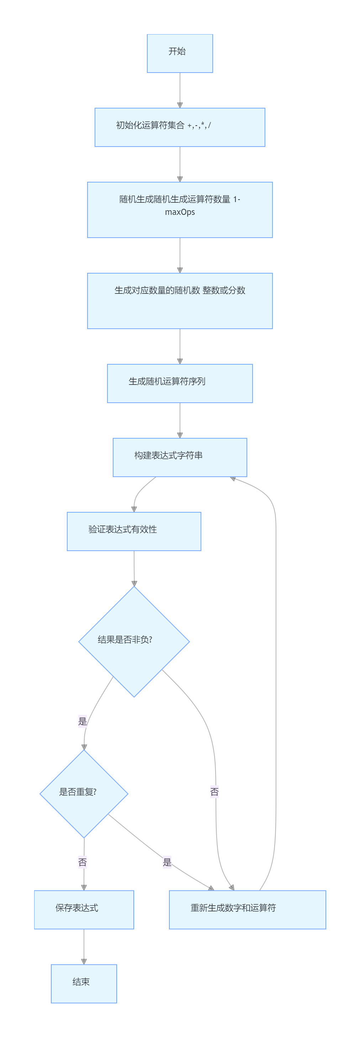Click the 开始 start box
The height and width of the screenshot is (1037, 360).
[x=180, y=53]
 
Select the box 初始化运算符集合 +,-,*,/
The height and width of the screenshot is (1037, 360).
[x=180, y=127]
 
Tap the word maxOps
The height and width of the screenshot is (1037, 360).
[x=180, y=212]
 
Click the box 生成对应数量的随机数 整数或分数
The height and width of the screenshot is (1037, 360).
[x=180, y=301]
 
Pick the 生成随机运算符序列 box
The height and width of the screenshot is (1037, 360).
[x=180, y=383]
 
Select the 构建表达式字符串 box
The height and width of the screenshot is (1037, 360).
[x=180, y=457]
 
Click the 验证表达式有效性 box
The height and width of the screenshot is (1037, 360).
[x=134, y=531]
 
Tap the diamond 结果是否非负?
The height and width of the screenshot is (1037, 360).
[x=134, y=641]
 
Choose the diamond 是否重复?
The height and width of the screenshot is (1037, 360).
[x=84, y=793]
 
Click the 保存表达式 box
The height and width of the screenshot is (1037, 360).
[x=84, y=909]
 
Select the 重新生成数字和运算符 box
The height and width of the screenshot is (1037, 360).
[x=247, y=909]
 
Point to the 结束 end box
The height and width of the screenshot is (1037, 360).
[x=84, y=983]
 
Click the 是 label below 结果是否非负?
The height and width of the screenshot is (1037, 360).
[x=82, y=721]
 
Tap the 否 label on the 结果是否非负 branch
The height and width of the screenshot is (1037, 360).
[x=214, y=792]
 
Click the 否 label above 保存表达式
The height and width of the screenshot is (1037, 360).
[x=82, y=862]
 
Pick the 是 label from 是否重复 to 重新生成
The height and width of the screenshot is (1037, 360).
[x=167, y=862]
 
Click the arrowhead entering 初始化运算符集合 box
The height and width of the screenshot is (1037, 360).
[x=180, y=105]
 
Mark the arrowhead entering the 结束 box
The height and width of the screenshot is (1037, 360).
[x=84, y=961]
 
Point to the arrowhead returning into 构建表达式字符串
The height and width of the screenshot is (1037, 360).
[x=233, y=478]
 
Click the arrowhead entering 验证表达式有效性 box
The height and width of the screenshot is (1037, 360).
[x=134, y=509]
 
